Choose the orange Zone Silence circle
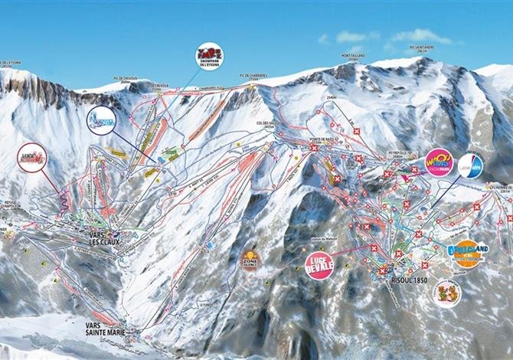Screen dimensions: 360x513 tap(250, 260)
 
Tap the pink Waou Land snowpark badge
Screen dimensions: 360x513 tap(439, 163)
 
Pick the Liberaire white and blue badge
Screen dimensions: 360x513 tap(472, 165)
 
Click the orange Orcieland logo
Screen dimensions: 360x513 tap(464, 254)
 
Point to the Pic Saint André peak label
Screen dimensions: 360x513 tap(422, 47)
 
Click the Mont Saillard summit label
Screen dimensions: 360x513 tap(354, 57)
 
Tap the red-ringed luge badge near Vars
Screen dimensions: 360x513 tap(32, 159)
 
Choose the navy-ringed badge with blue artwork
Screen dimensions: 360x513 tap(101, 120)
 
